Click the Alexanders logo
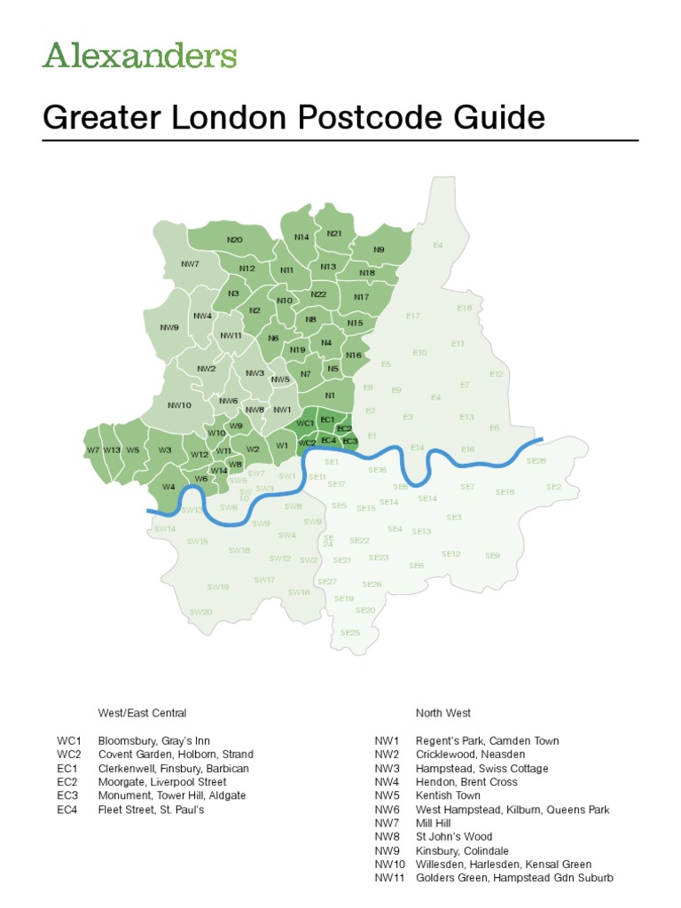point(139,55)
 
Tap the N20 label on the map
point(234,239)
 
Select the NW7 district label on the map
point(190,263)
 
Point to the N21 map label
point(334,233)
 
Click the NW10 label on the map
point(179,405)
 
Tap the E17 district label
point(413,316)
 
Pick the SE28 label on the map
point(536,461)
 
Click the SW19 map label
point(218,586)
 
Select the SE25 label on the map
point(350,632)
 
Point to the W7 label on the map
point(93,450)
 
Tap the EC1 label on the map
point(327,419)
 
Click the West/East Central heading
point(142,713)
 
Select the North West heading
point(443,713)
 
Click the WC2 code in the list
point(69,755)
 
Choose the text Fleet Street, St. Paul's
point(151,810)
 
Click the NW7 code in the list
point(387,823)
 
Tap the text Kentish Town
point(448,795)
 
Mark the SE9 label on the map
point(492,555)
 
